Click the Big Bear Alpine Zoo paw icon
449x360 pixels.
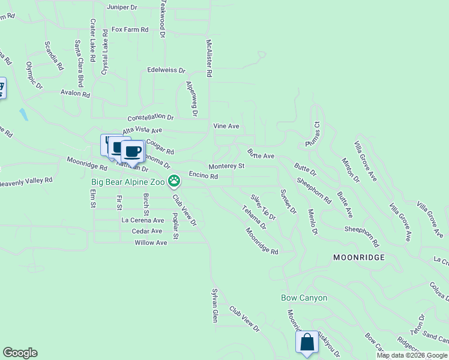pyautogui.click(x=174, y=180)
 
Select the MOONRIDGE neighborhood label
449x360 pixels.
pyautogui.click(x=359, y=257)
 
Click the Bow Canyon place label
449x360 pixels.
pyautogui.click(x=304, y=298)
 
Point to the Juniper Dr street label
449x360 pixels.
pyautogui.click(x=122, y=7)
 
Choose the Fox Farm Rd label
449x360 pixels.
pyautogui.click(x=130, y=29)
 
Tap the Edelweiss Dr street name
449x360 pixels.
pyautogui.click(x=162, y=70)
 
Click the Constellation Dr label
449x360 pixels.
pyautogui.click(x=150, y=118)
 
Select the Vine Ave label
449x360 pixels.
pyautogui.click(x=226, y=126)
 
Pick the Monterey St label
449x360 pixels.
pyautogui.click(x=226, y=166)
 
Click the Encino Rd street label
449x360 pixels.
pyautogui.click(x=203, y=176)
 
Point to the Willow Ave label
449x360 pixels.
pyautogui.click(x=151, y=242)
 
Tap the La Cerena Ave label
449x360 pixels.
pyautogui.click(x=142, y=220)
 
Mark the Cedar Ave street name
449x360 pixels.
pyautogui.click(x=147, y=231)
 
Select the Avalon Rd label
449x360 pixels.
pyautogui.click(x=75, y=94)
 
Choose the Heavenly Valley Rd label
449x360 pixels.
pyautogui.click(x=26, y=180)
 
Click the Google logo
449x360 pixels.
pyautogui.click(x=20, y=353)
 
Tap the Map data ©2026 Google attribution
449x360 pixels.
pyautogui.click(x=412, y=355)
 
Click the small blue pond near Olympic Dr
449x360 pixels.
pyautogui.click(x=23, y=113)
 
